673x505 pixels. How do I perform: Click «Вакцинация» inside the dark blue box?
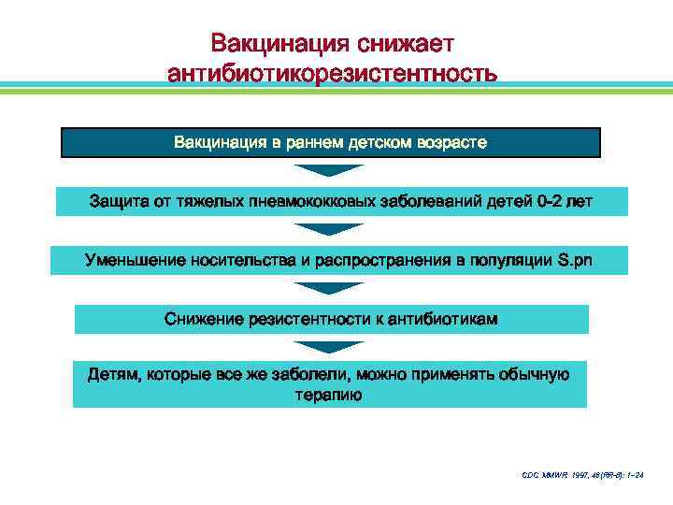tap(214, 143)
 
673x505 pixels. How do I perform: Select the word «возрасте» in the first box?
tap(455, 143)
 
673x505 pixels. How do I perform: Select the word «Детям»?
tap(111, 376)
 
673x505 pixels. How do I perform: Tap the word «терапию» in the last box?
tap(330, 395)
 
